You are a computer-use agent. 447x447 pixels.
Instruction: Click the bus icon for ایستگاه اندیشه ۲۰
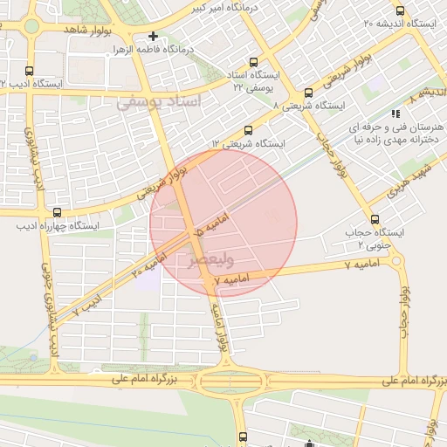400,11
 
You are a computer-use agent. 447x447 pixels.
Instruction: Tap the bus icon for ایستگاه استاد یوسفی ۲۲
253,63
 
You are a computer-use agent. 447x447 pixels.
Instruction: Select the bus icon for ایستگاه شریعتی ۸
308,93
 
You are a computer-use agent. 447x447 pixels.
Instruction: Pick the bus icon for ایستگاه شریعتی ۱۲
248,130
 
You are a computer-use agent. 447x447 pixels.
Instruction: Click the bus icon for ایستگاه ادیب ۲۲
30,72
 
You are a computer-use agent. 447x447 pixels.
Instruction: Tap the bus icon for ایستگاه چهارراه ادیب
58,212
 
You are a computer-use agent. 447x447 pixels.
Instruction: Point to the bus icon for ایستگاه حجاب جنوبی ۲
375,219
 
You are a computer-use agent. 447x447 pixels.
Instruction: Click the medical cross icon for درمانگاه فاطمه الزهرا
153,37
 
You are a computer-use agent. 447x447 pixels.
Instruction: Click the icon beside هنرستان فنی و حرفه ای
395,113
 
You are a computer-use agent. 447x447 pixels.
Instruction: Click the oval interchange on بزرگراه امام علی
230,381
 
